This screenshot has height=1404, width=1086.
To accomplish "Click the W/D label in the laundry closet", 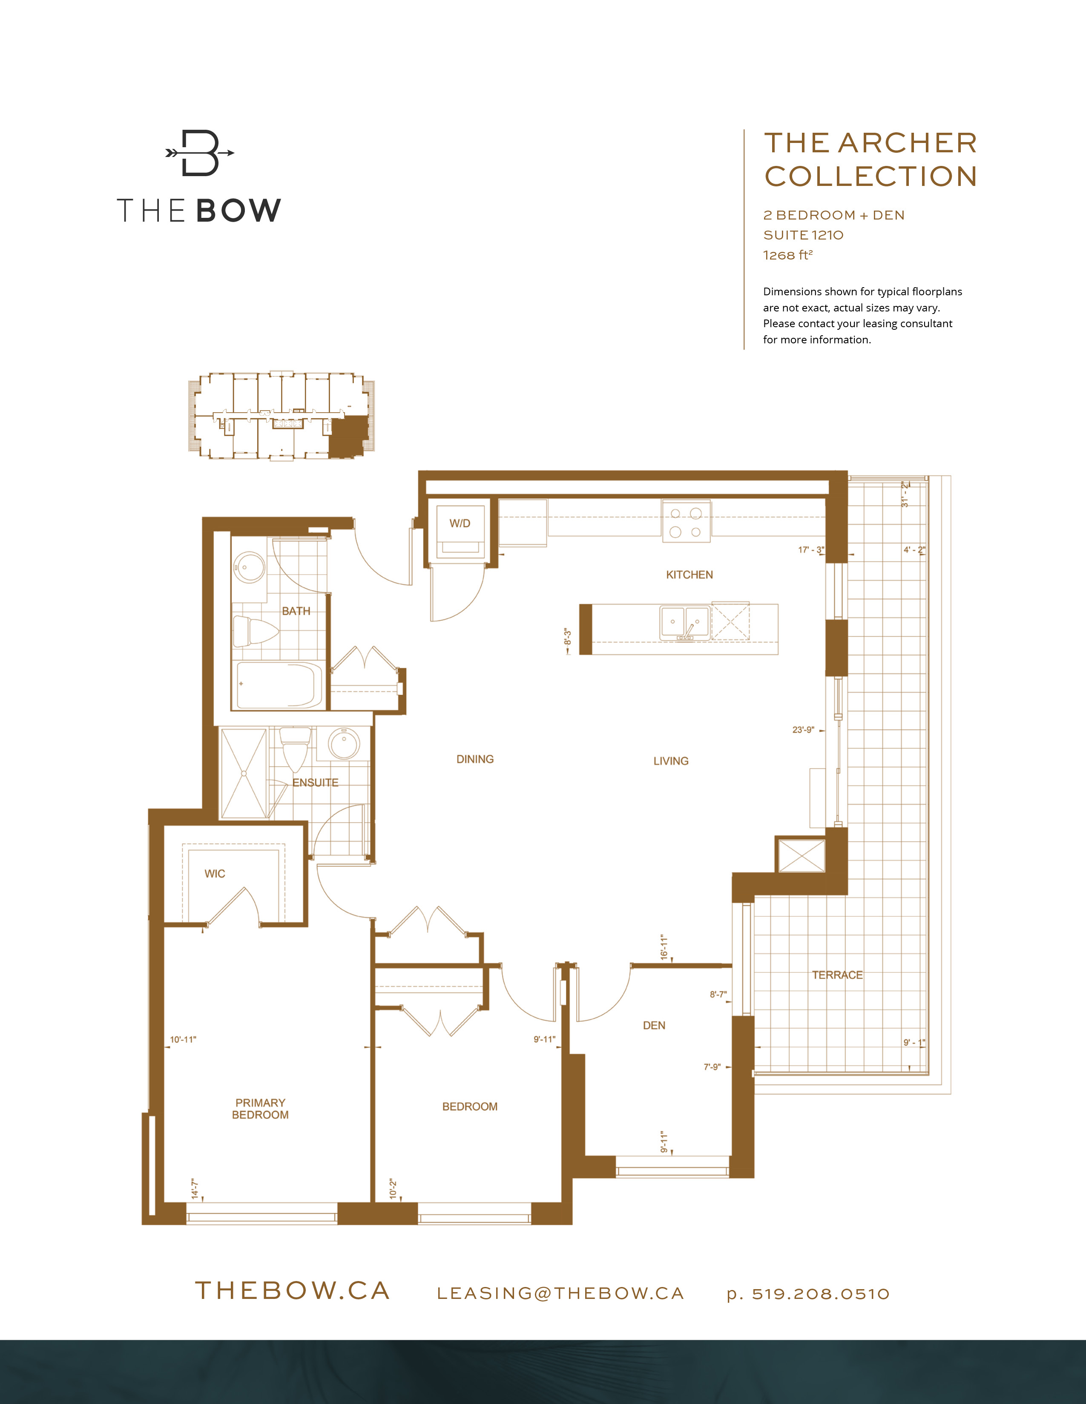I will point(460,523).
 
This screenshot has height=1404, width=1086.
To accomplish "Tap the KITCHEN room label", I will point(689,575).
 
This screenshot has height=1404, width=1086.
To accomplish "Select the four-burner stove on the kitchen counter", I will point(686,522).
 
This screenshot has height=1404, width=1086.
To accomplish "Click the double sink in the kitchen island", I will point(684,623).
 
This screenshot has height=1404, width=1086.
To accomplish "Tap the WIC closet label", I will point(215,873).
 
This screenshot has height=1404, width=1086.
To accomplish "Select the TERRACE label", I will point(837,975).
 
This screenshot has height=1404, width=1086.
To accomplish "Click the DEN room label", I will point(654,1025).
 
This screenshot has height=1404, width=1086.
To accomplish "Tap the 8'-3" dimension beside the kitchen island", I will point(567,637).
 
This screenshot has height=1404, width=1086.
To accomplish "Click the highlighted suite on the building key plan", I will point(348,436).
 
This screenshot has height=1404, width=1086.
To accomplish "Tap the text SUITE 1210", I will point(803,235).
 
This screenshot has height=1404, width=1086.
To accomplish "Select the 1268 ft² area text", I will point(787,255).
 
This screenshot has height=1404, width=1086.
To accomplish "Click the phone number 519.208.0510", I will point(820,1294).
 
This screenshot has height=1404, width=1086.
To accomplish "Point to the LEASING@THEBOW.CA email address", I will point(560,1294).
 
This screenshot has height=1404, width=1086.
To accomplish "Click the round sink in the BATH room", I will point(248,566).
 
